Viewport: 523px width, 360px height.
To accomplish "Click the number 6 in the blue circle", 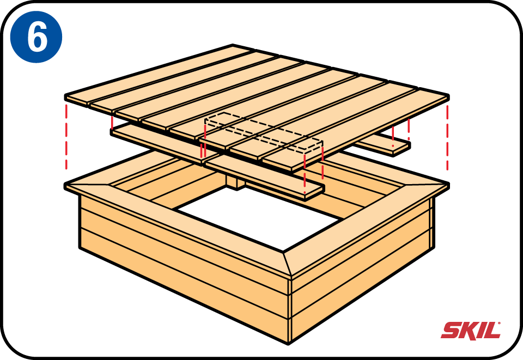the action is tap(37, 37).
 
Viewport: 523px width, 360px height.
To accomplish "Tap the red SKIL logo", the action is tap(471, 330).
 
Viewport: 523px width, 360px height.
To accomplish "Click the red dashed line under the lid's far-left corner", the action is tap(66, 137).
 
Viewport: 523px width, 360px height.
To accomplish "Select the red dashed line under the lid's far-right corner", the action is tap(447, 137).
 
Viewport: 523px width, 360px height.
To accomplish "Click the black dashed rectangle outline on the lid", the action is tap(264, 131).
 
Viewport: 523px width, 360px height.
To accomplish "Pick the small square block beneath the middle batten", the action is tap(235, 182).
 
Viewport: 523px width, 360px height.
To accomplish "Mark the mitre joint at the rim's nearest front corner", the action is tap(287, 264).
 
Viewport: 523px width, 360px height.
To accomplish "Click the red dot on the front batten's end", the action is tap(305, 192).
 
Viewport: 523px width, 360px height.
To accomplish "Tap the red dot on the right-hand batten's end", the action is tap(393, 146).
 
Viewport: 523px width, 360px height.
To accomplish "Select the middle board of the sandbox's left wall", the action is tap(184, 267).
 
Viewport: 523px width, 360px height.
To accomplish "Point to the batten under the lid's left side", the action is tap(163, 144).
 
